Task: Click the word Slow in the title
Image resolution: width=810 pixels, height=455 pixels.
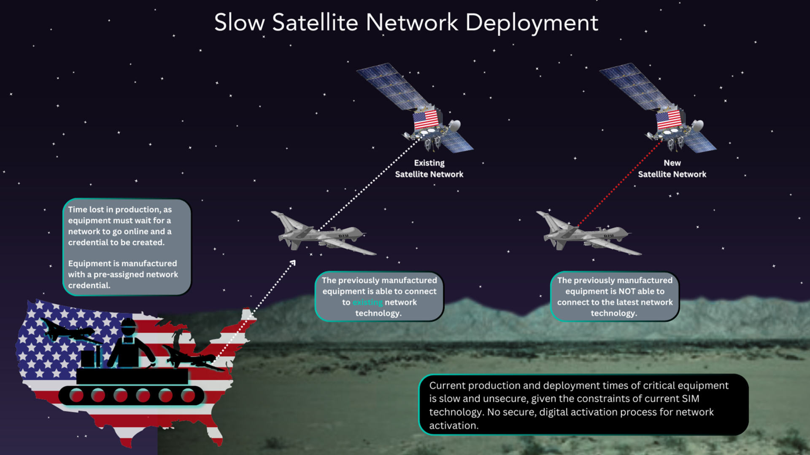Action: tap(240, 22)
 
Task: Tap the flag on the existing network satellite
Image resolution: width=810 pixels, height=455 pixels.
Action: tap(426, 119)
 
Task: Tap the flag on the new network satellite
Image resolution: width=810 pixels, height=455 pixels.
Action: tap(669, 119)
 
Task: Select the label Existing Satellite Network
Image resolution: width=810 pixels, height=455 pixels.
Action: tap(429, 169)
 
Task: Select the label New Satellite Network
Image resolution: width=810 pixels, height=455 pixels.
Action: tap(672, 169)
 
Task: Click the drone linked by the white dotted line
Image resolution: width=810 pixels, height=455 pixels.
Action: tap(323, 233)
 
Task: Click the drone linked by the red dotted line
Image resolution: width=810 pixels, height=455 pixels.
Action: tap(589, 233)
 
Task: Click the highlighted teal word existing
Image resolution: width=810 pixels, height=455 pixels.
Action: tap(367, 302)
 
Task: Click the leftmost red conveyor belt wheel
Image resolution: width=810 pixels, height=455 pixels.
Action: tap(76, 396)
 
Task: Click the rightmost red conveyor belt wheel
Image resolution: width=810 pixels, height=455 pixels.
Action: tap(188, 396)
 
